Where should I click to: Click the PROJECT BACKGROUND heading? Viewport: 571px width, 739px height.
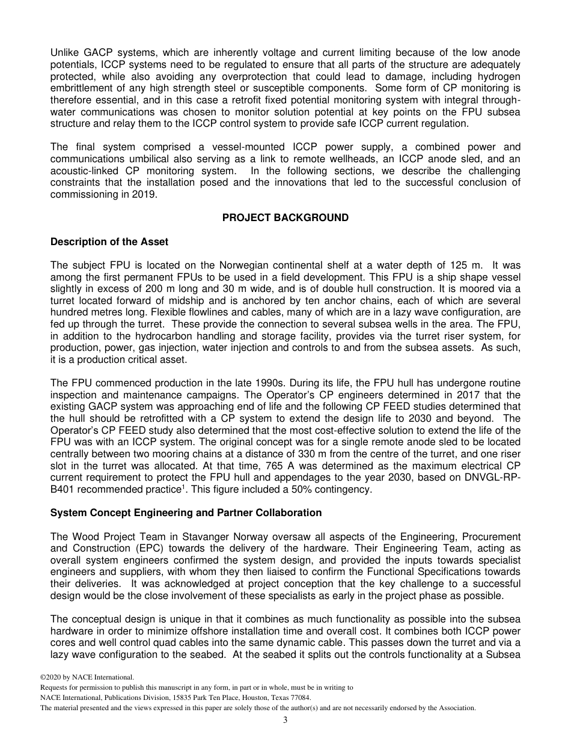tap(285, 217)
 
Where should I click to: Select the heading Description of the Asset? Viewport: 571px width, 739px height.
tap(109, 242)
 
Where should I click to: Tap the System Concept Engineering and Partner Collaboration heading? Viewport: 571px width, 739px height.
tap(186, 512)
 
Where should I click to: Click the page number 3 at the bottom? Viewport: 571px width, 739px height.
tap(285, 720)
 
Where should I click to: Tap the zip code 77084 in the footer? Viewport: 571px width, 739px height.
tap(298, 698)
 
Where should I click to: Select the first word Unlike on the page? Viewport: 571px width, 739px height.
tap(66, 53)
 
